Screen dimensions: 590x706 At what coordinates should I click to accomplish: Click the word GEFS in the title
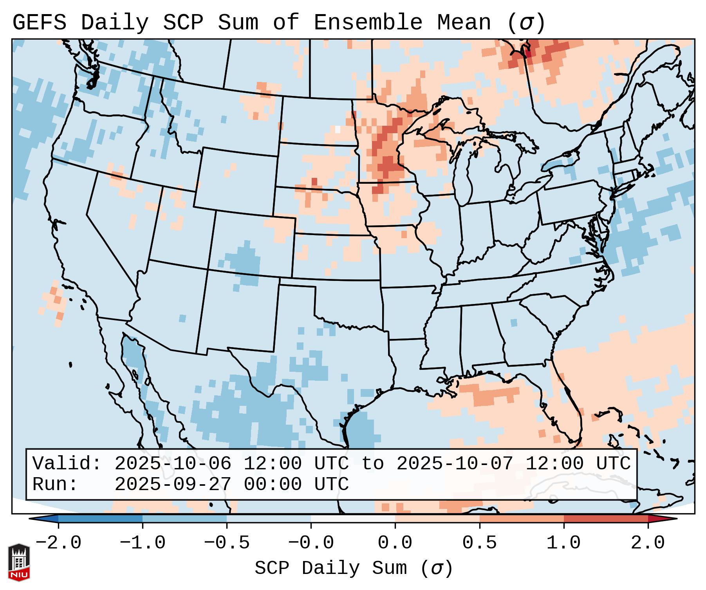tap(40, 22)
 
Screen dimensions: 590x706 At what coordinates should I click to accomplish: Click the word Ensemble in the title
tap(368, 22)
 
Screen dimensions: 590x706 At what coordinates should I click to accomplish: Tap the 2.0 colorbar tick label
tap(648, 543)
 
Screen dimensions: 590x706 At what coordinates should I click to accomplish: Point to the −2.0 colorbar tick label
tap(58, 543)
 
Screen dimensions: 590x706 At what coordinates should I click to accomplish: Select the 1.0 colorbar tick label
tap(563, 543)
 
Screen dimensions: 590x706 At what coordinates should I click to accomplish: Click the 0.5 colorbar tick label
tap(479, 543)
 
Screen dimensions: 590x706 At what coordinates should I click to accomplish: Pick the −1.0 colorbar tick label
tap(142, 543)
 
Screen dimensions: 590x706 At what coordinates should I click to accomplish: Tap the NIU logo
tap(19, 562)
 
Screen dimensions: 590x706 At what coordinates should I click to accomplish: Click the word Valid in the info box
tap(67, 463)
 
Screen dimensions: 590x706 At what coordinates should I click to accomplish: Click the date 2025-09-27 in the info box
tap(173, 484)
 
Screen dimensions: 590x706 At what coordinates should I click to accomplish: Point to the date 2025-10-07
tap(455, 463)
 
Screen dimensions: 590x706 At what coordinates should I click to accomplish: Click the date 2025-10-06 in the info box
tap(173, 463)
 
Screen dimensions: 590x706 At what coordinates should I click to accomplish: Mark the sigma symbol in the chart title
tap(526, 23)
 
